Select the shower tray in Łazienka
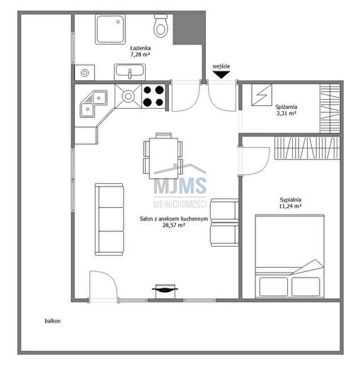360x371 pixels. [x=110, y=30]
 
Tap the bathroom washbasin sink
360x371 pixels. [x=129, y=72]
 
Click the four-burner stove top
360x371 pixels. [x=153, y=96]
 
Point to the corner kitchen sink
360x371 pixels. [x=93, y=104]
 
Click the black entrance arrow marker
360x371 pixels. [x=221, y=75]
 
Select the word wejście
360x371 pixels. [x=221, y=66]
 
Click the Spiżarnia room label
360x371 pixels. [x=286, y=107]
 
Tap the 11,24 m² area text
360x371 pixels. [x=290, y=206]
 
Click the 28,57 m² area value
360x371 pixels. [x=173, y=225]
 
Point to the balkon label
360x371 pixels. [x=52, y=321]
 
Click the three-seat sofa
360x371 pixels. [x=109, y=219]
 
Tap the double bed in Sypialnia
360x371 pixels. [x=290, y=256]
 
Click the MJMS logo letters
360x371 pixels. [x=180, y=186]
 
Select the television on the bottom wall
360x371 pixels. [x=165, y=290]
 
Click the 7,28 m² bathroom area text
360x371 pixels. [x=140, y=54]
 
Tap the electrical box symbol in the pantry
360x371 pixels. [x=262, y=95]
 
